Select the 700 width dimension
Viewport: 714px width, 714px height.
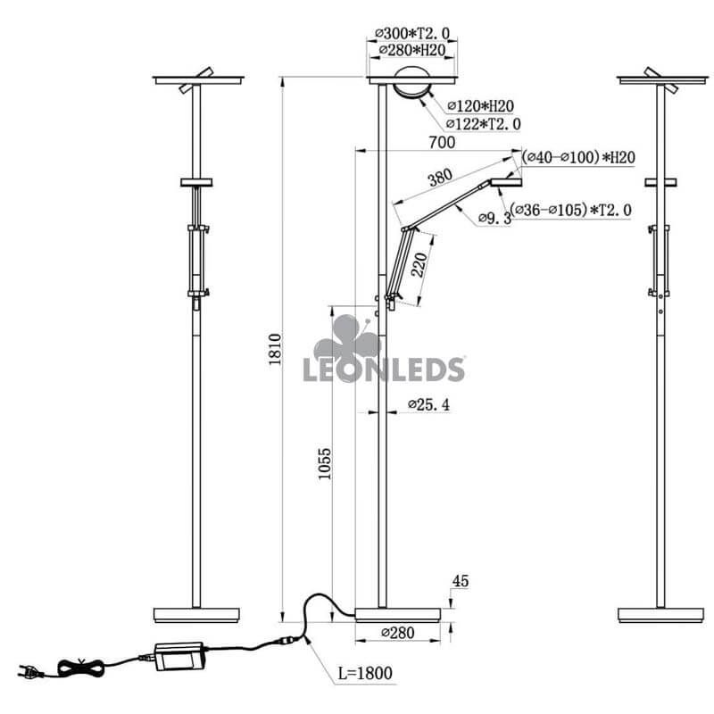(442, 142)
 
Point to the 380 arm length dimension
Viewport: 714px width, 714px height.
(439, 178)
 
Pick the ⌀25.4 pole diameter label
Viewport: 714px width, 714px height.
(428, 405)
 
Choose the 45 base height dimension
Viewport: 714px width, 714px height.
(461, 581)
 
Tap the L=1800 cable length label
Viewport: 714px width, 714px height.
(365, 672)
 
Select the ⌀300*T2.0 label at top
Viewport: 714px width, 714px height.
(411, 34)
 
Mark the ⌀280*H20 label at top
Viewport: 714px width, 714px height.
(411, 50)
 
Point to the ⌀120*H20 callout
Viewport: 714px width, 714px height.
(480, 106)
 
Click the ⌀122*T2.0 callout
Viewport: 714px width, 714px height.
(484, 123)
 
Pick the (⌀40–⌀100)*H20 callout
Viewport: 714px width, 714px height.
(579, 157)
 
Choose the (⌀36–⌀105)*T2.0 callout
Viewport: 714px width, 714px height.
(571, 210)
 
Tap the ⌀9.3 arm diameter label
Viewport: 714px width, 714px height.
(494, 217)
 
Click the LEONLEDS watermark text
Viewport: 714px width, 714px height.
(385, 369)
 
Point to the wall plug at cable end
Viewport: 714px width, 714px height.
(34, 671)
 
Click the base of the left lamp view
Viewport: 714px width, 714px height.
(196, 614)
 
